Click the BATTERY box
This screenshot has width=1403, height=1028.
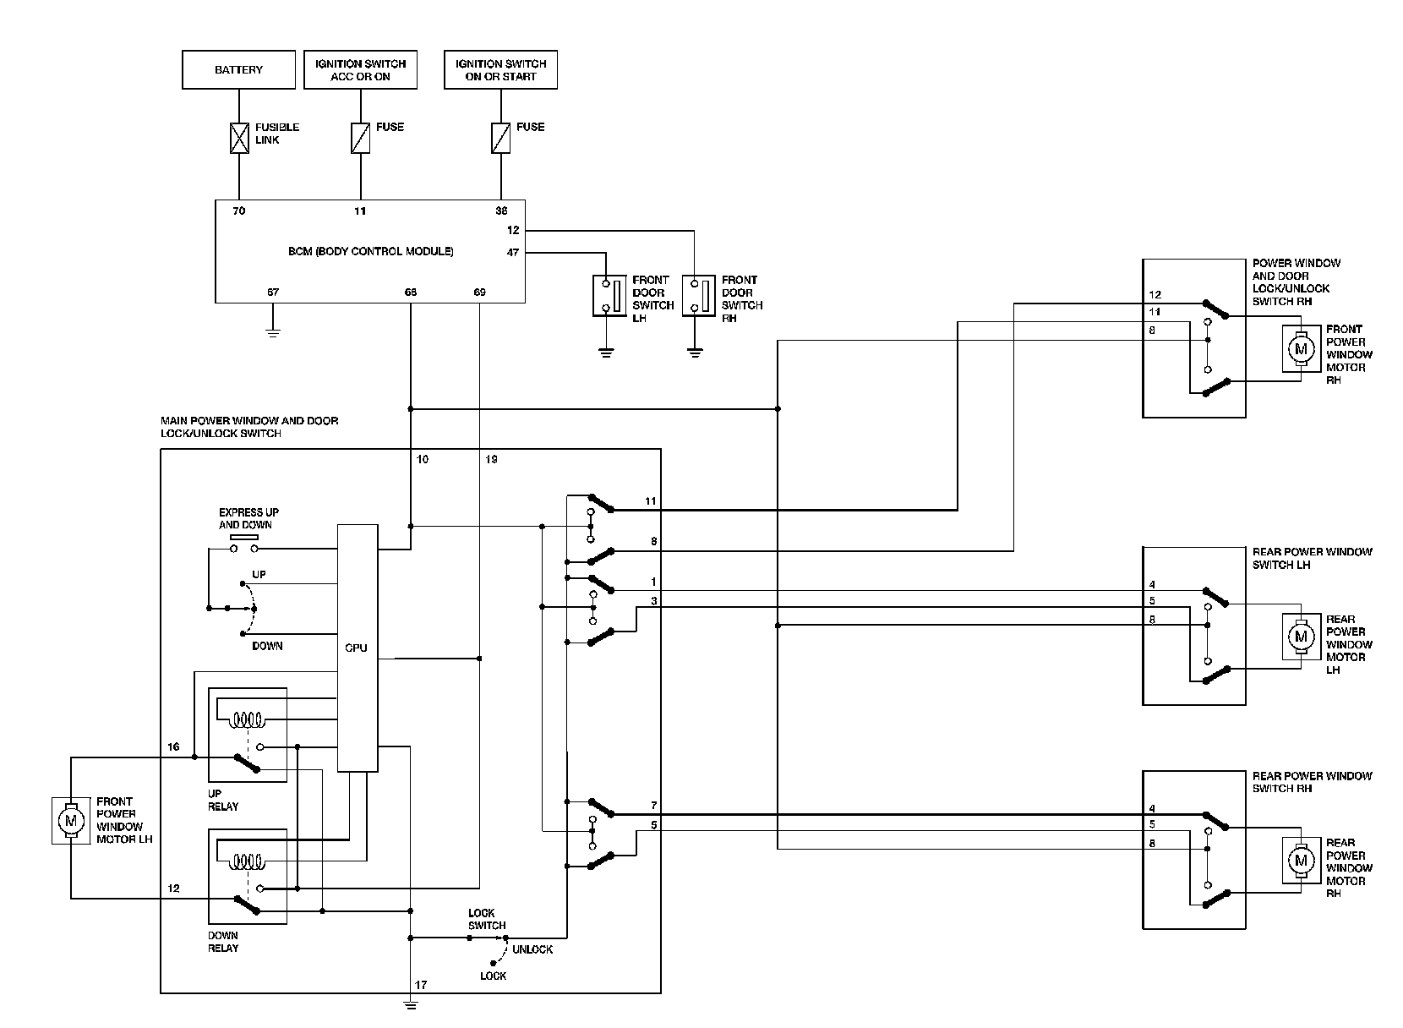click(x=238, y=70)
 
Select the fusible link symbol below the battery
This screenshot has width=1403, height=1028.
click(x=239, y=138)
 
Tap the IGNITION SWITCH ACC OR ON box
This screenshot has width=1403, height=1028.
click(x=360, y=70)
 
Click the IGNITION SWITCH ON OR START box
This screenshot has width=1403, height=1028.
click(x=500, y=70)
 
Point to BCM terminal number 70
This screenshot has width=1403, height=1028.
click(x=239, y=211)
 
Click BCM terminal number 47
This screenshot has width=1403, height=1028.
click(x=513, y=252)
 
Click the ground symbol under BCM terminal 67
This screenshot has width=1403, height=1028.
click(x=272, y=331)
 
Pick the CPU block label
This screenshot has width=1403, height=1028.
click(x=357, y=648)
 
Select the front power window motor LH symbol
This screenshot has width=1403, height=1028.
click(x=70, y=820)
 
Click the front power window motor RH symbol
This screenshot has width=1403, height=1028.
click(x=1301, y=348)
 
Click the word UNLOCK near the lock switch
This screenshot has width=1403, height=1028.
click(x=532, y=949)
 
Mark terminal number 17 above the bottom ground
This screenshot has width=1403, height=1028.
click(x=421, y=985)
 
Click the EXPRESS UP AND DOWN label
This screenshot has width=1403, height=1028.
click(x=248, y=518)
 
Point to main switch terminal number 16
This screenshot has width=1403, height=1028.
click(x=173, y=747)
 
